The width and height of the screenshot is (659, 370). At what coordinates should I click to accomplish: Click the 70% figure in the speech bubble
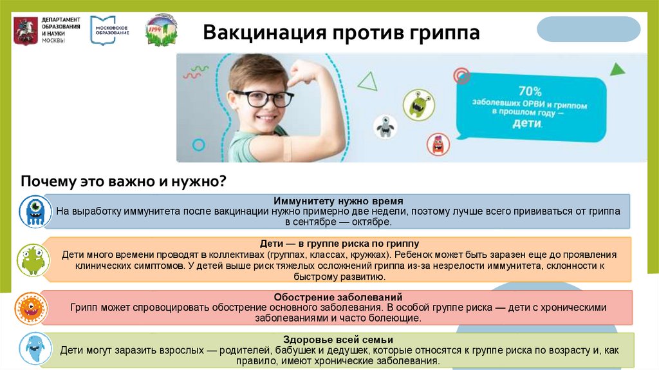coord(530,92)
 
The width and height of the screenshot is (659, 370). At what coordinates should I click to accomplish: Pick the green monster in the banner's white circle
coord(416,103)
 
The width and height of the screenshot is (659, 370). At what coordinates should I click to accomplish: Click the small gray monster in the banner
coord(385,126)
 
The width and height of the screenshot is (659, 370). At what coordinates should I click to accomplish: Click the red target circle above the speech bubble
coord(461,77)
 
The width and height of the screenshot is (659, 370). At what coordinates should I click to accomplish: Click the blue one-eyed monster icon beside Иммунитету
coord(33,211)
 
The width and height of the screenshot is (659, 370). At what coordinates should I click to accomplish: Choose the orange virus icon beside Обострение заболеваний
coord(30,307)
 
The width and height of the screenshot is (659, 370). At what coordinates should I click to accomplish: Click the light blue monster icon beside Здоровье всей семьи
coord(33,348)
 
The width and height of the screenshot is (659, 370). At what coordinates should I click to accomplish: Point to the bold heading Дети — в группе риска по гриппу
coord(339,244)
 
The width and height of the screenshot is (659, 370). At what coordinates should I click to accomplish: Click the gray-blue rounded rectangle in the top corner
coord(588,29)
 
